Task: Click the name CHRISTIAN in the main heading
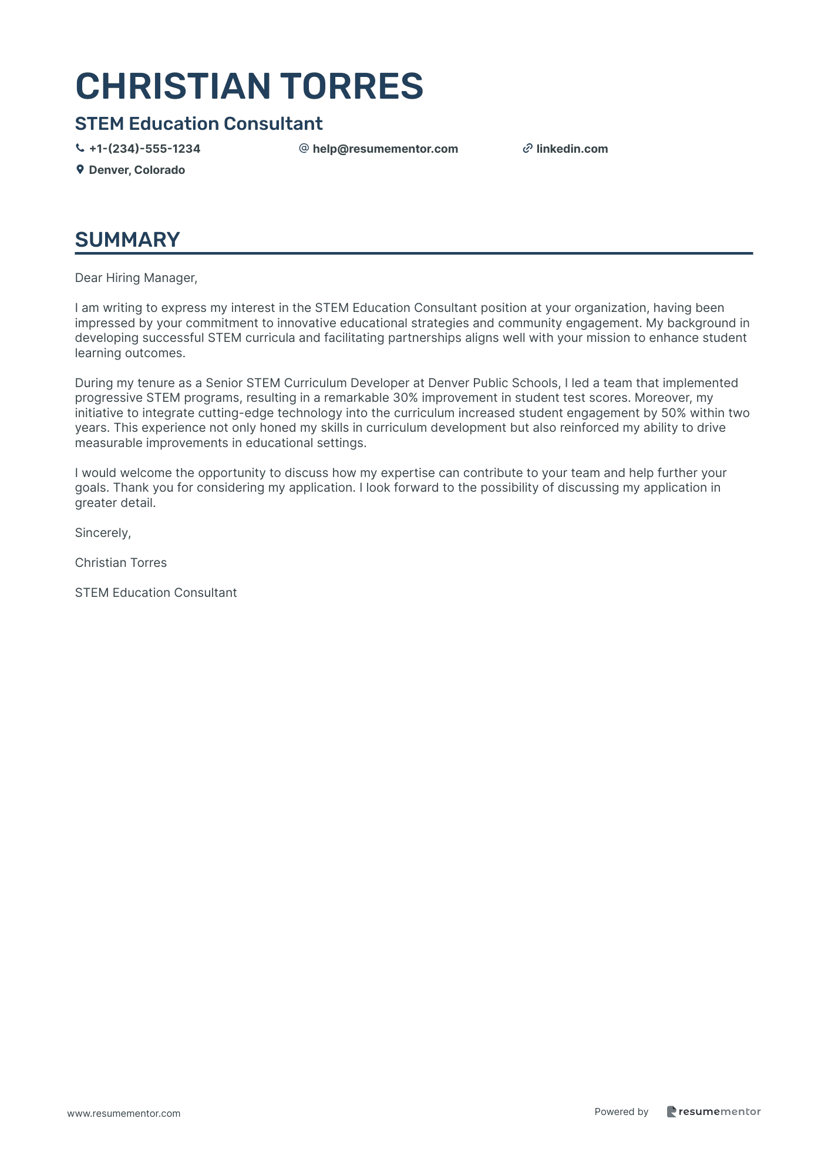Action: click(173, 86)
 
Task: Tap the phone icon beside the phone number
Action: click(80, 149)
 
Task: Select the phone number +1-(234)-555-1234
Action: click(144, 149)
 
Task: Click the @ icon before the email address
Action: click(304, 149)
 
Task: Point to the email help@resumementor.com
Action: click(385, 149)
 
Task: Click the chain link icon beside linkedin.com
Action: click(527, 149)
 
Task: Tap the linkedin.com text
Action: click(572, 149)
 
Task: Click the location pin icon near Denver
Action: click(80, 170)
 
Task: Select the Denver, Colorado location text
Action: click(137, 170)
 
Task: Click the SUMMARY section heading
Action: click(127, 240)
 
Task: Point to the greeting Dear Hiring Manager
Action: click(136, 278)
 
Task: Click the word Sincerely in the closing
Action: click(103, 533)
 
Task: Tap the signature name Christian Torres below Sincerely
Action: click(121, 563)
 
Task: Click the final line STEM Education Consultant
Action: click(156, 593)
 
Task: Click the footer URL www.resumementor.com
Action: click(124, 1113)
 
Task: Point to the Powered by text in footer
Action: click(621, 1111)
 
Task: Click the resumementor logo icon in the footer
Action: click(671, 1111)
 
